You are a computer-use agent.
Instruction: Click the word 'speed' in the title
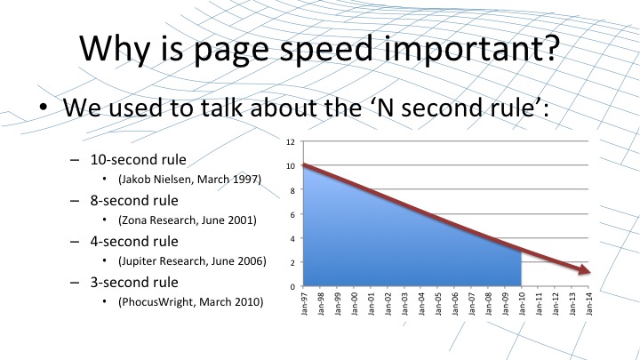(x=325, y=50)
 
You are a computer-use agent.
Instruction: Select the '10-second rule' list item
(x=139, y=159)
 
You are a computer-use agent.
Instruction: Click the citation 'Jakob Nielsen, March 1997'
(x=189, y=180)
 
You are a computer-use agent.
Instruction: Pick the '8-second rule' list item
(x=134, y=200)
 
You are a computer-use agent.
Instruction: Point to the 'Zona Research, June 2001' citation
(x=188, y=220)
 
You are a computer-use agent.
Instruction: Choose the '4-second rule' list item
(x=134, y=241)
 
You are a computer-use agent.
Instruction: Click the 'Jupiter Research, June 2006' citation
(x=192, y=260)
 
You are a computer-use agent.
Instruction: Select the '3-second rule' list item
(x=134, y=282)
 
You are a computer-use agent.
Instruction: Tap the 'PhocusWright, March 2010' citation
(x=190, y=301)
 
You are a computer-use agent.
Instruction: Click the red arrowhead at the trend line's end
(x=585, y=269)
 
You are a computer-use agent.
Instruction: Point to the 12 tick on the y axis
(x=290, y=142)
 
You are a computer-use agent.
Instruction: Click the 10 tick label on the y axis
(x=290, y=166)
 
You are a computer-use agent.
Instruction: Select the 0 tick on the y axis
(x=292, y=286)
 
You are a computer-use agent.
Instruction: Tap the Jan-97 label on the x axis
(x=304, y=304)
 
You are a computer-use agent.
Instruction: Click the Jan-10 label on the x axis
(x=522, y=304)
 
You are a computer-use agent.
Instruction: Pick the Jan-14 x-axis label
(x=589, y=304)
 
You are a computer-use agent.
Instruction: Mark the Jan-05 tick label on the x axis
(x=438, y=304)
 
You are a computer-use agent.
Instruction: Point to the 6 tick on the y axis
(x=292, y=214)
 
